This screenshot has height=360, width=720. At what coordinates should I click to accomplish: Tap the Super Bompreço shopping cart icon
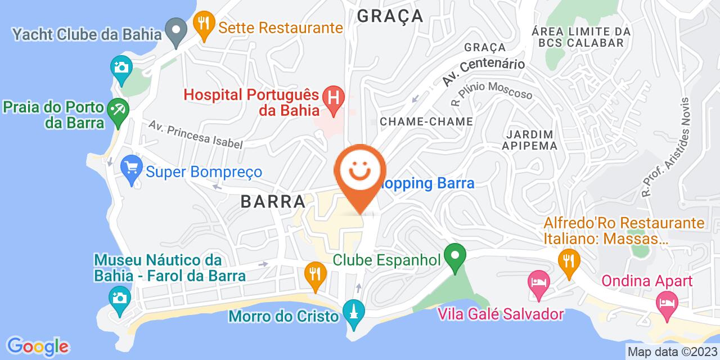tap(132, 168)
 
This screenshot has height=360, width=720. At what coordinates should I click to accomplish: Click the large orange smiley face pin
tap(360, 172)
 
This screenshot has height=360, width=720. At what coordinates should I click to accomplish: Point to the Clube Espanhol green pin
tap(454, 258)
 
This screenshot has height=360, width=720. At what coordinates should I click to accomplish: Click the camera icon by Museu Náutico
tap(119, 296)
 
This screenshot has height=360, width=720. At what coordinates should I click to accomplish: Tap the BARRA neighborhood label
tap(273, 201)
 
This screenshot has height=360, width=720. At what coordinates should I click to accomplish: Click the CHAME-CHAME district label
tap(426, 121)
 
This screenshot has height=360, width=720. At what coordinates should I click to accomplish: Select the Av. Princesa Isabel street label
tap(196, 134)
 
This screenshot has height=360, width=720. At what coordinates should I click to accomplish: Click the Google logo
tap(38, 345)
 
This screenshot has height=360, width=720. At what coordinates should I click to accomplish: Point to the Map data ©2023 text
tap(672, 352)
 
